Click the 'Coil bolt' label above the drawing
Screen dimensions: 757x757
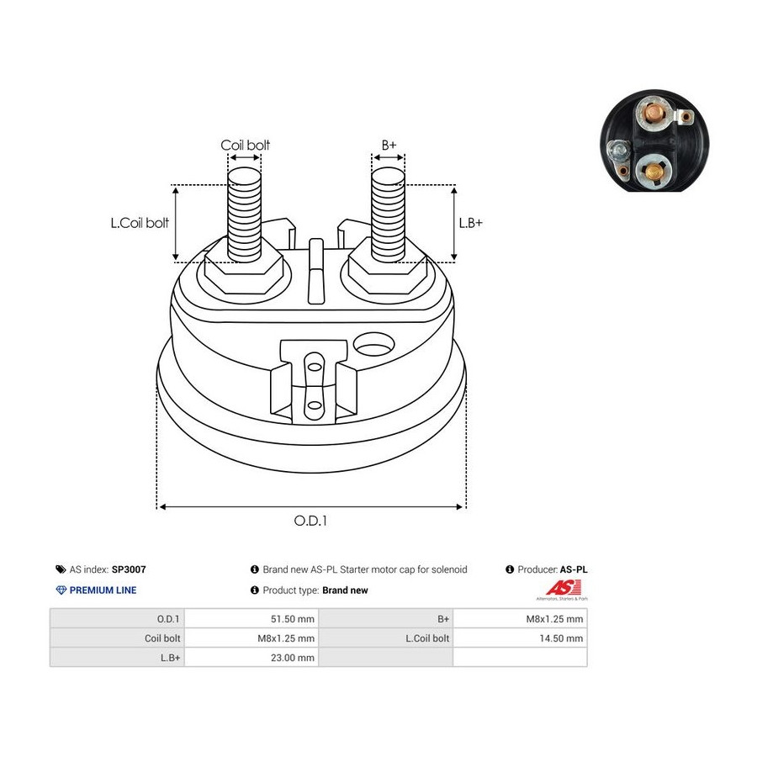click(246, 146)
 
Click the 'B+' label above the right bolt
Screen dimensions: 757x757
click(389, 146)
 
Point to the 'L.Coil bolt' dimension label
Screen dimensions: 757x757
click(140, 223)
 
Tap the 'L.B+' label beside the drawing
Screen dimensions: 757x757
click(470, 223)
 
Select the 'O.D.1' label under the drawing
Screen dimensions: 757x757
click(310, 521)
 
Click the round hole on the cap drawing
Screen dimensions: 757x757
click(374, 343)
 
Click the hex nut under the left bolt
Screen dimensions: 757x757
click(244, 271)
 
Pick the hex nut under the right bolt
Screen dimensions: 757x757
click(388, 271)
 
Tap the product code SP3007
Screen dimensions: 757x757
click(129, 569)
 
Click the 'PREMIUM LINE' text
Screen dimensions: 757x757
click(103, 590)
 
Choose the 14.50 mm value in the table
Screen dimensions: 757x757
click(563, 638)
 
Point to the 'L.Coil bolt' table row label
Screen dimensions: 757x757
click(427, 638)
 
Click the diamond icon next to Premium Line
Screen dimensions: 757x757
click(61, 590)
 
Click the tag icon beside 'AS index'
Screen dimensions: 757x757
click(61, 569)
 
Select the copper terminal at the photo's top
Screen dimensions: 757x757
click(651, 111)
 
